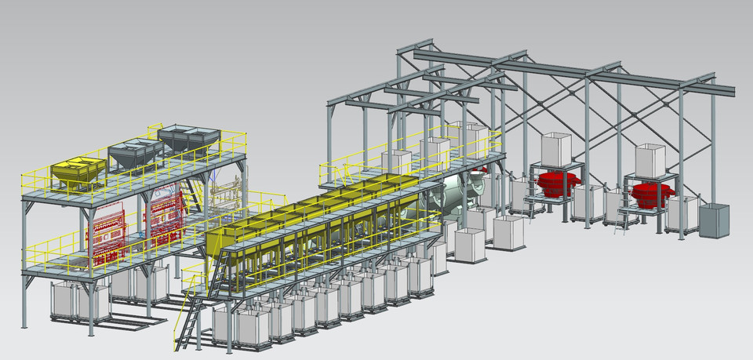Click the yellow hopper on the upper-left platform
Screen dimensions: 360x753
[78, 171]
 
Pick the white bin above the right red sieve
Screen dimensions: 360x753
[650, 158]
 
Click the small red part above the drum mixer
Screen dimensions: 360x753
[481, 168]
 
